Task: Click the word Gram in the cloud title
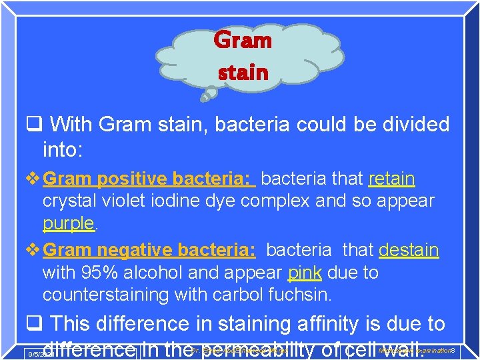[x=243, y=41]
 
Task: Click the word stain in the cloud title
[x=243, y=71]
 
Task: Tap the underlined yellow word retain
[x=391, y=179]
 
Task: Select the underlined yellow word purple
[x=69, y=223]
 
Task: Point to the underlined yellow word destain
[x=409, y=250]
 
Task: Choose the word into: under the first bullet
[x=62, y=150]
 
